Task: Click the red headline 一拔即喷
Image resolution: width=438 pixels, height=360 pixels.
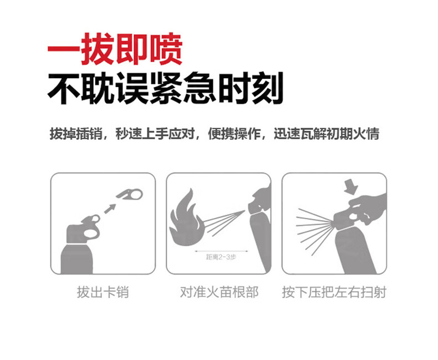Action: [115, 49]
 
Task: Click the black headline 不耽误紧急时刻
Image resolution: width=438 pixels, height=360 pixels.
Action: [165, 88]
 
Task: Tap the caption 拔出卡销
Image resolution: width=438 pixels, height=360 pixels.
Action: [103, 292]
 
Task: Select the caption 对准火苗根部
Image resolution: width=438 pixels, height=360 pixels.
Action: [219, 292]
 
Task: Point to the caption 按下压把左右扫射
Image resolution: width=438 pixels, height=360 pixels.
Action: [334, 292]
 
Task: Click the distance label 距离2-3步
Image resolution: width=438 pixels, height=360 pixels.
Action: [221, 257]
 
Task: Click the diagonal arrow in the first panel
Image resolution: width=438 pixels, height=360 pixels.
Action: [110, 209]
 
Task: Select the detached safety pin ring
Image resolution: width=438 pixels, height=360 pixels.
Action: [130, 195]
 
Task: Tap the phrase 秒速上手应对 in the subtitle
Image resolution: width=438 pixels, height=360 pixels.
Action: [155, 134]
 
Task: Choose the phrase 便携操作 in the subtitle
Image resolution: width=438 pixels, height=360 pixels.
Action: [234, 134]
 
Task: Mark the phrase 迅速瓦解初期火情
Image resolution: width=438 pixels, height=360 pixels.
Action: [326, 134]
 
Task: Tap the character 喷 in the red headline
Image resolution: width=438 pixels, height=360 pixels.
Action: [166, 49]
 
